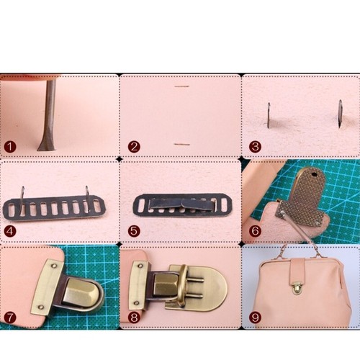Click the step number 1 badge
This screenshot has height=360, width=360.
click(9, 146)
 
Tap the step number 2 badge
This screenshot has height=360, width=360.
click(134, 146)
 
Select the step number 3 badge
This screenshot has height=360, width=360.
click(255, 146)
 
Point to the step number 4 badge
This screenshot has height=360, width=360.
click(9, 231)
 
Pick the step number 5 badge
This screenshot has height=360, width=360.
click(134, 231)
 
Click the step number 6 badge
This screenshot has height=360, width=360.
click(255, 231)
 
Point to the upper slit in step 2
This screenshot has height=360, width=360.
click(181, 87)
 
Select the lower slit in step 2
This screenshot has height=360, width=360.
click(182, 144)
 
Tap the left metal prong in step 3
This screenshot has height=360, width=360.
click(269, 114)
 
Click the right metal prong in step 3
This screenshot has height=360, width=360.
click(339, 114)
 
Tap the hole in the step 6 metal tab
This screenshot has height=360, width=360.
click(315, 173)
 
